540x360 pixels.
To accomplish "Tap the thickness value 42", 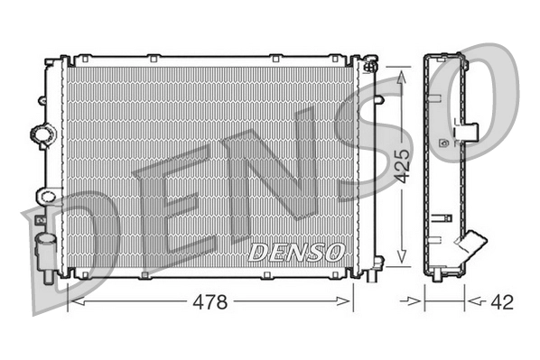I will [501, 301].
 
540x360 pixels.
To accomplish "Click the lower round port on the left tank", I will [45, 196].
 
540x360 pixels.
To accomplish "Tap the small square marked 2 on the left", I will [39, 217].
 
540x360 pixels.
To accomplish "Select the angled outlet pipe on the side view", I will [470, 245].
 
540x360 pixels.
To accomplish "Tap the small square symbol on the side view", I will [442, 141].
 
